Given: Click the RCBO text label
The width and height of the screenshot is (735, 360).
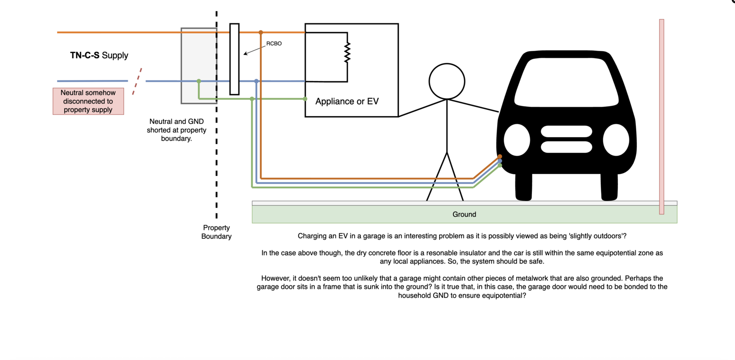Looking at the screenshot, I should tap(274, 44).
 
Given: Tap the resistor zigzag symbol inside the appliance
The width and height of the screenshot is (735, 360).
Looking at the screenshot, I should tap(347, 52).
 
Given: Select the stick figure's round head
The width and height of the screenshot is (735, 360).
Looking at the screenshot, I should tap(447, 81).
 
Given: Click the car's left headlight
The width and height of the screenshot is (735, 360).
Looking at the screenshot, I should tap(517, 140).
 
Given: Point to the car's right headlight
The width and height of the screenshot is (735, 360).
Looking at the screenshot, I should tap(616, 140).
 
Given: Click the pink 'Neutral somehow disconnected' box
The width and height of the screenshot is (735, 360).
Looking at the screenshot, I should tap(88, 101).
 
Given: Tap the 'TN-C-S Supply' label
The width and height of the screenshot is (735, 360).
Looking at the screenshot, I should tap(99, 56).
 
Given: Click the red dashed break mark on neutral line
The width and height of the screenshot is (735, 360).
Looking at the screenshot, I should tap(137, 82).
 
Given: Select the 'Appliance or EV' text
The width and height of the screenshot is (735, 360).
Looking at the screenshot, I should tap(347, 101).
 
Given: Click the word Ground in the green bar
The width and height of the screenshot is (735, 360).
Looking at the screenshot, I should tap(464, 214).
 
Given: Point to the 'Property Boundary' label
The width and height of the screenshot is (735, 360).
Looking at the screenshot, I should tap(216, 232).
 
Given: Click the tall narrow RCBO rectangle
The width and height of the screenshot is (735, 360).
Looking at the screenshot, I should tap(234, 59).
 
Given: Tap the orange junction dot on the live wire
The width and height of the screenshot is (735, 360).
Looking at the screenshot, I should tap(260, 33).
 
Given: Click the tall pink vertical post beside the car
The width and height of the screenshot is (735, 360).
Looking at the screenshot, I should tap(661, 117).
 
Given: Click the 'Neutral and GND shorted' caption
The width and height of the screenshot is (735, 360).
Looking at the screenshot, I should tap(176, 130).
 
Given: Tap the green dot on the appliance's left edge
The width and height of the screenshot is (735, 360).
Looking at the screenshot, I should tap(305, 99).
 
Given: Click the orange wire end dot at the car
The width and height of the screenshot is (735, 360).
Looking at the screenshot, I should tap(500, 157).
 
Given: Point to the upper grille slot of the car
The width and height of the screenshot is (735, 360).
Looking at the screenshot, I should tap(566, 131).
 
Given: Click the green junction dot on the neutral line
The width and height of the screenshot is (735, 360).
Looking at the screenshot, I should tap(199, 81).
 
